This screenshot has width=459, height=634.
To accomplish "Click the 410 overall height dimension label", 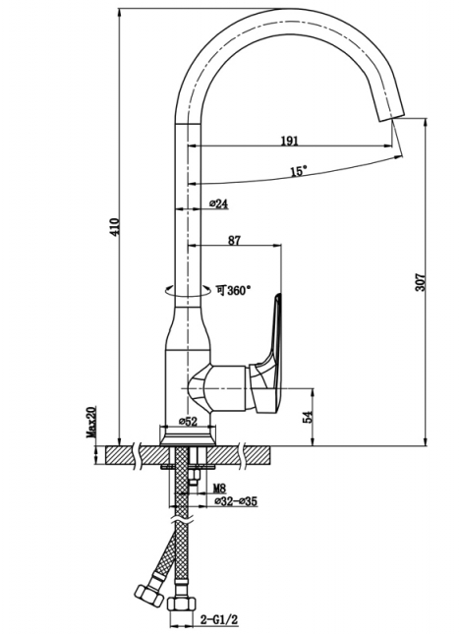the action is click(116, 227).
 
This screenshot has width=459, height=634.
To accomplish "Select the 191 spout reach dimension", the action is click(290, 141).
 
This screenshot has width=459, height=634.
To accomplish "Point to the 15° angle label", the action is click(299, 171).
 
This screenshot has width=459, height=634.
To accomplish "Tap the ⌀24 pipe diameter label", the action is click(219, 203).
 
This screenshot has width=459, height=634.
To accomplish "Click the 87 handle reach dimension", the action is click(234, 240).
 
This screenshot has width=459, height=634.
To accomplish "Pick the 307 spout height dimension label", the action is click(421, 282).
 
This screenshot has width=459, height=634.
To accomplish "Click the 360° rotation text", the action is click(233, 290).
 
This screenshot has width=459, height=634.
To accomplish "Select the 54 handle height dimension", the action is click(308, 417).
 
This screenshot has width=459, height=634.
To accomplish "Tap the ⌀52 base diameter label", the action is click(188, 422).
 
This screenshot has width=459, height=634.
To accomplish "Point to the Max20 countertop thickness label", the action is click(90, 423).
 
